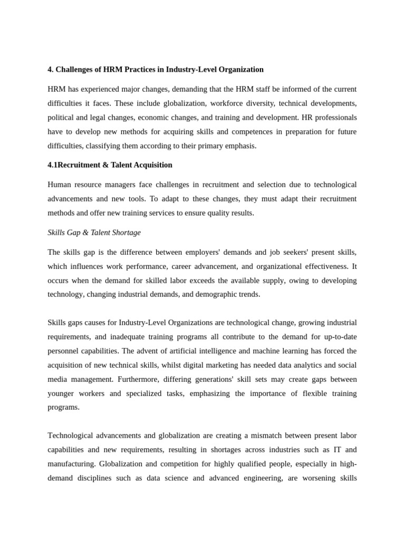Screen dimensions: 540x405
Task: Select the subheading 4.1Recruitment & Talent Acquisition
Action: click(x=110, y=165)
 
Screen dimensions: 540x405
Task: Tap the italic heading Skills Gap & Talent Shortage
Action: click(x=94, y=233)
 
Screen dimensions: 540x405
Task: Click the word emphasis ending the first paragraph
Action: click(x=240, y=146)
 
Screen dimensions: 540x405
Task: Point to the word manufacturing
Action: click(x=71, y=464)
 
